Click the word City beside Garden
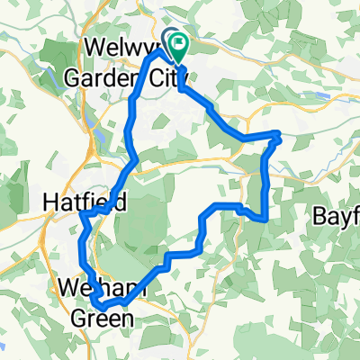pos(157,71)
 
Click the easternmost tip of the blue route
pos(280,136)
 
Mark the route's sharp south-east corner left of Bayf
pos(264,217)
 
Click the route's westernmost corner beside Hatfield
pos(80,213)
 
